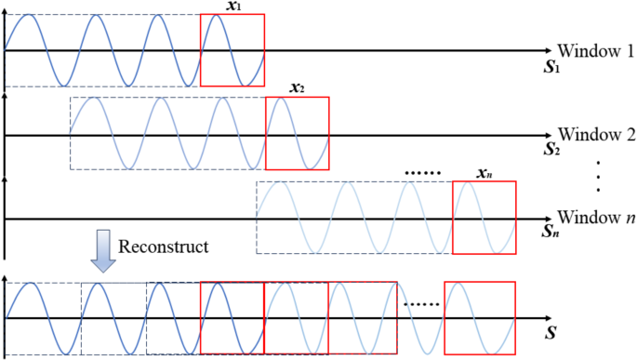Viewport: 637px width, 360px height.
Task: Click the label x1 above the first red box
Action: coord(232,6)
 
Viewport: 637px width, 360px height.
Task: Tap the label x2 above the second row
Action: coord(297,89)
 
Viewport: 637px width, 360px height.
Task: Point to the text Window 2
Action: coord(595,134)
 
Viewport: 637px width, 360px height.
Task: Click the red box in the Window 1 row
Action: coord(232,50)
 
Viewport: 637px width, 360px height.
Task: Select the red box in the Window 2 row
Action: coord(297,134)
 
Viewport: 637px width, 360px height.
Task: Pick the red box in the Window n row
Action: coord(484,218)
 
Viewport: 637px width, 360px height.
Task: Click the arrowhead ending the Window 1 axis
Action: coord(548,50)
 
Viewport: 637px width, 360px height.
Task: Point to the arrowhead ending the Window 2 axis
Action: coord(548,135)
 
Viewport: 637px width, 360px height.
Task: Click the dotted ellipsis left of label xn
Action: coord(423,174)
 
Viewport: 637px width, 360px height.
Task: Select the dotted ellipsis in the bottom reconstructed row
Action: coord(420,304)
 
